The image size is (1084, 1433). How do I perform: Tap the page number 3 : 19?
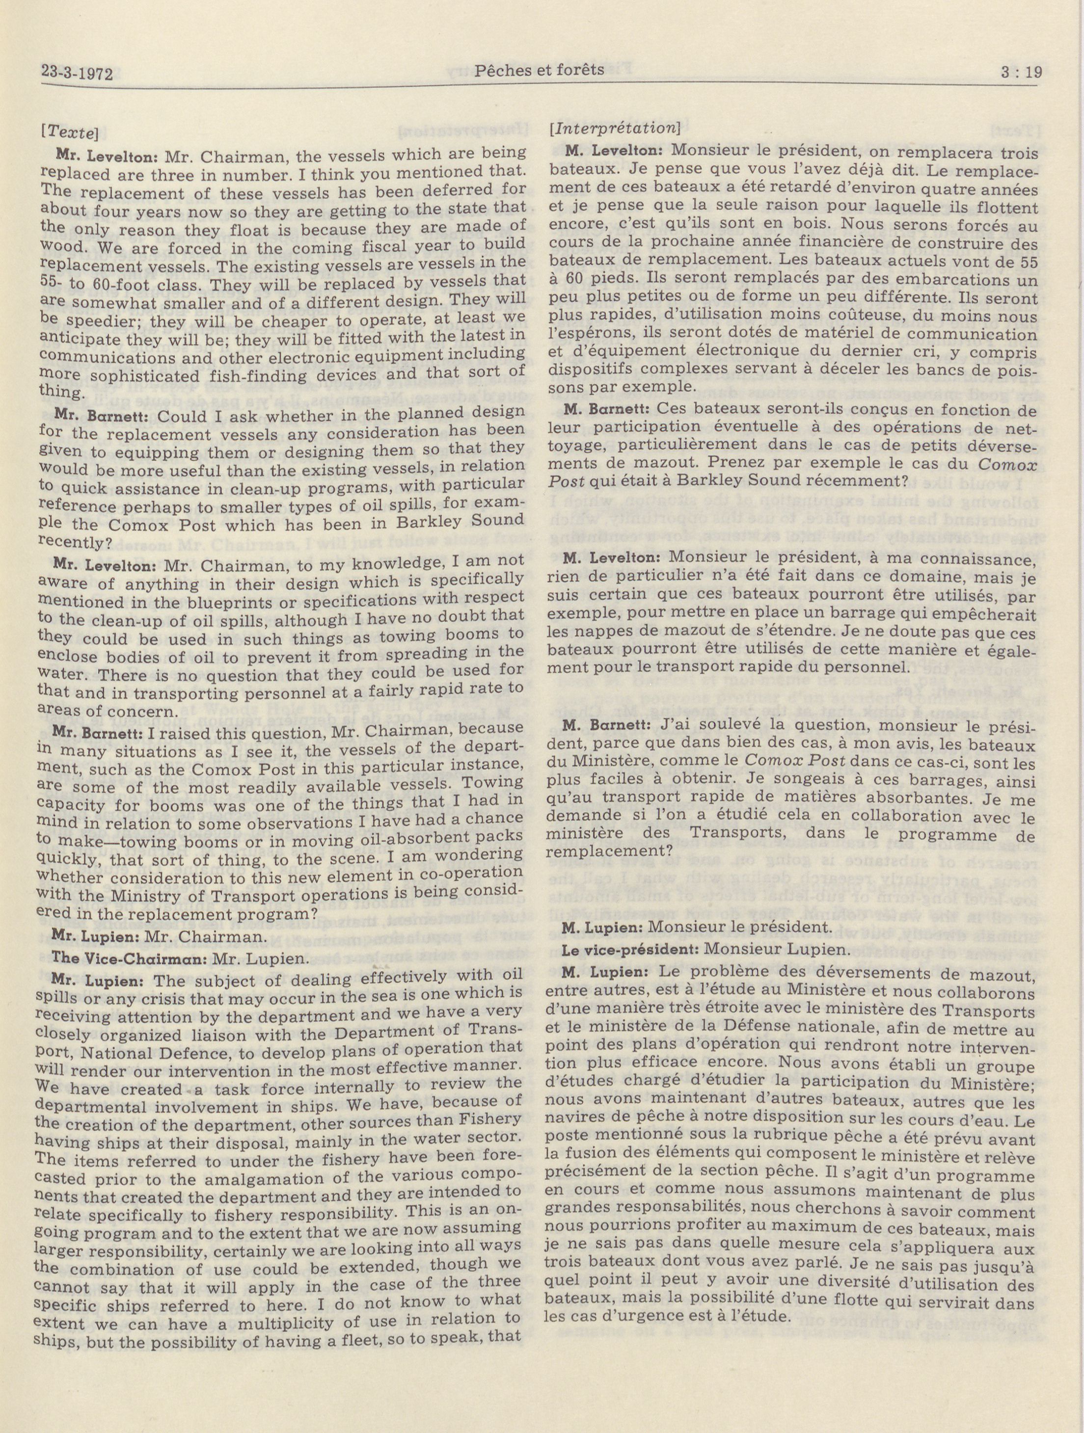[1021, 72]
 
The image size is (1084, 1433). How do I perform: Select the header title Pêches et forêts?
[539, 70]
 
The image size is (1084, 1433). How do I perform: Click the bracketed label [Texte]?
[69, 133]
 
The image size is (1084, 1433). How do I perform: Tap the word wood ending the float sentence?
[57, 247]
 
